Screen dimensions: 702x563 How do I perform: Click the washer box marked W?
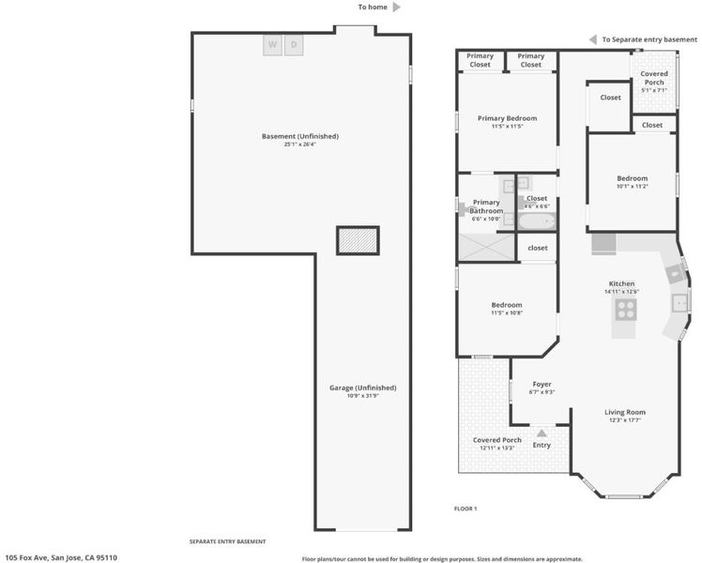coord(273,45)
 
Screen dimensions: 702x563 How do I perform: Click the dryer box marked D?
coord(294,45)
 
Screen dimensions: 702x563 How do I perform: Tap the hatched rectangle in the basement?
coord(358,241)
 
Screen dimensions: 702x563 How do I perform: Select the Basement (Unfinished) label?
coord(300,136)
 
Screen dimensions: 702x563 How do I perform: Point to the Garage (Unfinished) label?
coord(363,388)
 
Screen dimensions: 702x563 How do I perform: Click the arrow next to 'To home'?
coord(397,8)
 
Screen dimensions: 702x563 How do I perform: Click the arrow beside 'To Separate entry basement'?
coord(593,39)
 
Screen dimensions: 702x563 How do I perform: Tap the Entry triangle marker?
coord(542,434)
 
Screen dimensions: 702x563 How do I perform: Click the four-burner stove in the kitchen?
coord(626,310)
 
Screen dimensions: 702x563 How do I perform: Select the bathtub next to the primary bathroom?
coord(537,221)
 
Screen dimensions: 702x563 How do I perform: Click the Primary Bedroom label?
coord(507,118)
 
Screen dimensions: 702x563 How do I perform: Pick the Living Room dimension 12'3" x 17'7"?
coord(625,420)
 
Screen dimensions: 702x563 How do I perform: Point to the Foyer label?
coord(542,384)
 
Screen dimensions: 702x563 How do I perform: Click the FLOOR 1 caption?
coord(465,509)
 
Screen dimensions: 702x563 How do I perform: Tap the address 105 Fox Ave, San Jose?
coord(61,557)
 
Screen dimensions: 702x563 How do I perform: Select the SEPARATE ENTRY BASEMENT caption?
coord(227,541)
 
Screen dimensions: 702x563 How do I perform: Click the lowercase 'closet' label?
coord(538,248)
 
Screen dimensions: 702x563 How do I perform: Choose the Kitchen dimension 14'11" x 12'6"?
coord(622,291)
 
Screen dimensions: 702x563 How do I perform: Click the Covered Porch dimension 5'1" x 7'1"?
coord(654,90)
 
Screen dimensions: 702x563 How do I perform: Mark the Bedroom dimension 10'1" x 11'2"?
coord(633,186)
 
